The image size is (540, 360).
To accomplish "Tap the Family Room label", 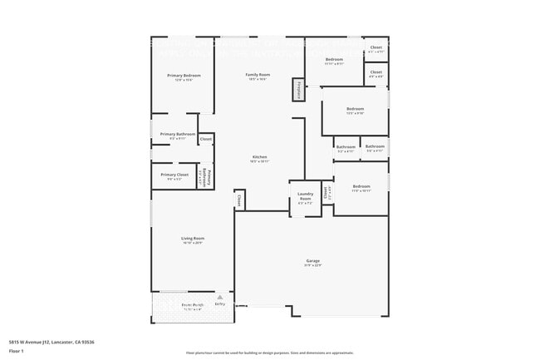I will [258, 76].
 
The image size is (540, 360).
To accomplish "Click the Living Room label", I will [193, 239].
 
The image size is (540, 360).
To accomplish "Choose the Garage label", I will [312, 260].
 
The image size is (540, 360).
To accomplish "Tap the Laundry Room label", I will [305, 197].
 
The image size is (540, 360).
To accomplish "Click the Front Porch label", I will [192, 305].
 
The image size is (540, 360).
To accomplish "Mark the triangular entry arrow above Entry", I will [219, 297].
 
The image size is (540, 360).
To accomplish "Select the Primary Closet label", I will [178, 175].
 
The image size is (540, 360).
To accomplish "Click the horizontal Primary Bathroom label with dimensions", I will [178, 135].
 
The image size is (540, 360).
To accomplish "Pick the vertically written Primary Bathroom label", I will [209, 178].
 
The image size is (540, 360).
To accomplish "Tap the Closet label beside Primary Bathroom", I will [205, 139].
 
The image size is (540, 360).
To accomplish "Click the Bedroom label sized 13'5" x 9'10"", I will [355, 109].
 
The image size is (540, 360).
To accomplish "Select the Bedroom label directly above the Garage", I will [361, 186].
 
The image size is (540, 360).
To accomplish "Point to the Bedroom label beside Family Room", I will [334, 60].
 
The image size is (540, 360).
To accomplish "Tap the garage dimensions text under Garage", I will [312, 265].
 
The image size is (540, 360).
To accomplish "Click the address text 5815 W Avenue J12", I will [52, 342].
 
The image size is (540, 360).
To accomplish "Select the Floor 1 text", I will [17, 351].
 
